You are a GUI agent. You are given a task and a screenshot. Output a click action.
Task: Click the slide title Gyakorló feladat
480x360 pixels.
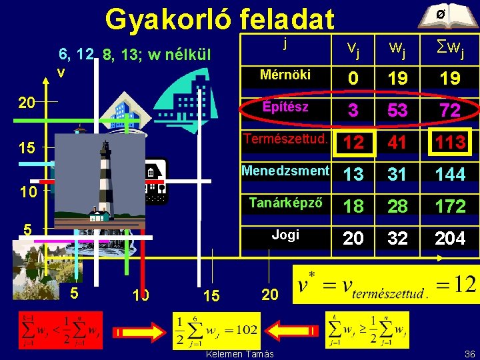219,19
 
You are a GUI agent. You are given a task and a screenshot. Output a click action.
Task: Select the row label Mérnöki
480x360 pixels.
285,75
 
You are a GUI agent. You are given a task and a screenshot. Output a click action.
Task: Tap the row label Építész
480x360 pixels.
285,107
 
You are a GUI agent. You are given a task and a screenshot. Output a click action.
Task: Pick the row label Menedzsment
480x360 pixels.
285,171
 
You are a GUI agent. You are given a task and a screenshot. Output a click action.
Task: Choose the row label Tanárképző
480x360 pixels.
285,203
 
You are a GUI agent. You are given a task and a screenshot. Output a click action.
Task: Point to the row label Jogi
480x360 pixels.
285,235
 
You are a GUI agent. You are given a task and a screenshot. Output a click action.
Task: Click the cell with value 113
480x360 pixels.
450,143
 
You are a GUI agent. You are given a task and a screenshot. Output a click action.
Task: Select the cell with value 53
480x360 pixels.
397,111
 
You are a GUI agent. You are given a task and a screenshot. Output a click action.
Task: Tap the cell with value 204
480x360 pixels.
450,239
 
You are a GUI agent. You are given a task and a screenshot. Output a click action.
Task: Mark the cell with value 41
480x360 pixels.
397,143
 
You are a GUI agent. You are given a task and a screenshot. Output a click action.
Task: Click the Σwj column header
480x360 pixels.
450,47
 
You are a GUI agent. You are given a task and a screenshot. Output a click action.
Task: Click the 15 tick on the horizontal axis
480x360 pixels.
211,295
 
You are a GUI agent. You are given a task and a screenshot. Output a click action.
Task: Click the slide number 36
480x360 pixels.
469,353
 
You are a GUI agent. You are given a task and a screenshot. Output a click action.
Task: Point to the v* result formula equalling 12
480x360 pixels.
387,287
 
